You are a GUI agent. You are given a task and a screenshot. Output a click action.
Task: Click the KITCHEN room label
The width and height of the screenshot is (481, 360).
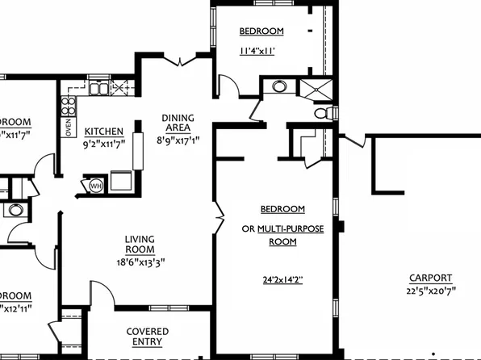pyautogui.click(x=104, y=132)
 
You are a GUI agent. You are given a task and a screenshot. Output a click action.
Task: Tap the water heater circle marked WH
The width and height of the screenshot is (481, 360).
pyautogui.click(x=96, y=186)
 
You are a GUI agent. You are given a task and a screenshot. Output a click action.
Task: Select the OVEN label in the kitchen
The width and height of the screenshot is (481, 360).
pyautogui.click(x=68, y=127)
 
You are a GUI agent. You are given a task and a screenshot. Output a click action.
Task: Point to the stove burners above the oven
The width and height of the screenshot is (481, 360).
pyautogui.click(x=69, y=105)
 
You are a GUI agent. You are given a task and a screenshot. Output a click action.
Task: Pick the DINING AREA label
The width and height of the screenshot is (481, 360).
pyautogui.click(x=177, y=122)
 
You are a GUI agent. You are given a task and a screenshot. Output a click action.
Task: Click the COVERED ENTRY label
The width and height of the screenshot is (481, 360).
pyautogui.click(x=148, y=336)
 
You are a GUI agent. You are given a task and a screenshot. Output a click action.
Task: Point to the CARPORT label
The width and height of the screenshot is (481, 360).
pyautogui.click(x=430, y=277)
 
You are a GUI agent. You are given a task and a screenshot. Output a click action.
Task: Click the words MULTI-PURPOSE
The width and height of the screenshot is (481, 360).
pyautogui.click(x=291, y=228)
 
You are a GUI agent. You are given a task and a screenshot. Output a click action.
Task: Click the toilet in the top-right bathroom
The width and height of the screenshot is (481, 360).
pyautogui.click(x=324, y=114)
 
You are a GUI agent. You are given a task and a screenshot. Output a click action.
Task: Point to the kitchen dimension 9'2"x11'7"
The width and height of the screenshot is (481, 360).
pyautogui.click(x=104, y=145)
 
